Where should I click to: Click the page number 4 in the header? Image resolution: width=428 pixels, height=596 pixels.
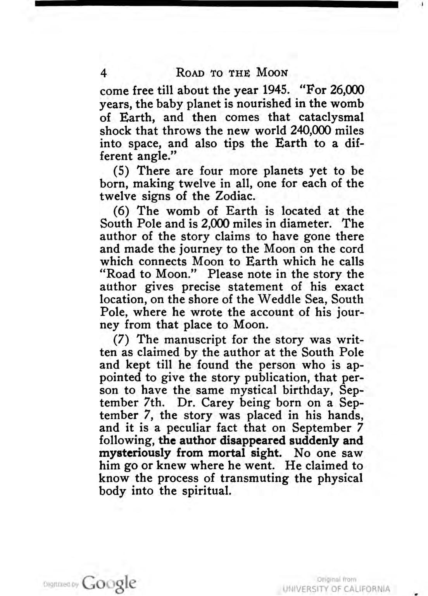pos(103,73)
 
